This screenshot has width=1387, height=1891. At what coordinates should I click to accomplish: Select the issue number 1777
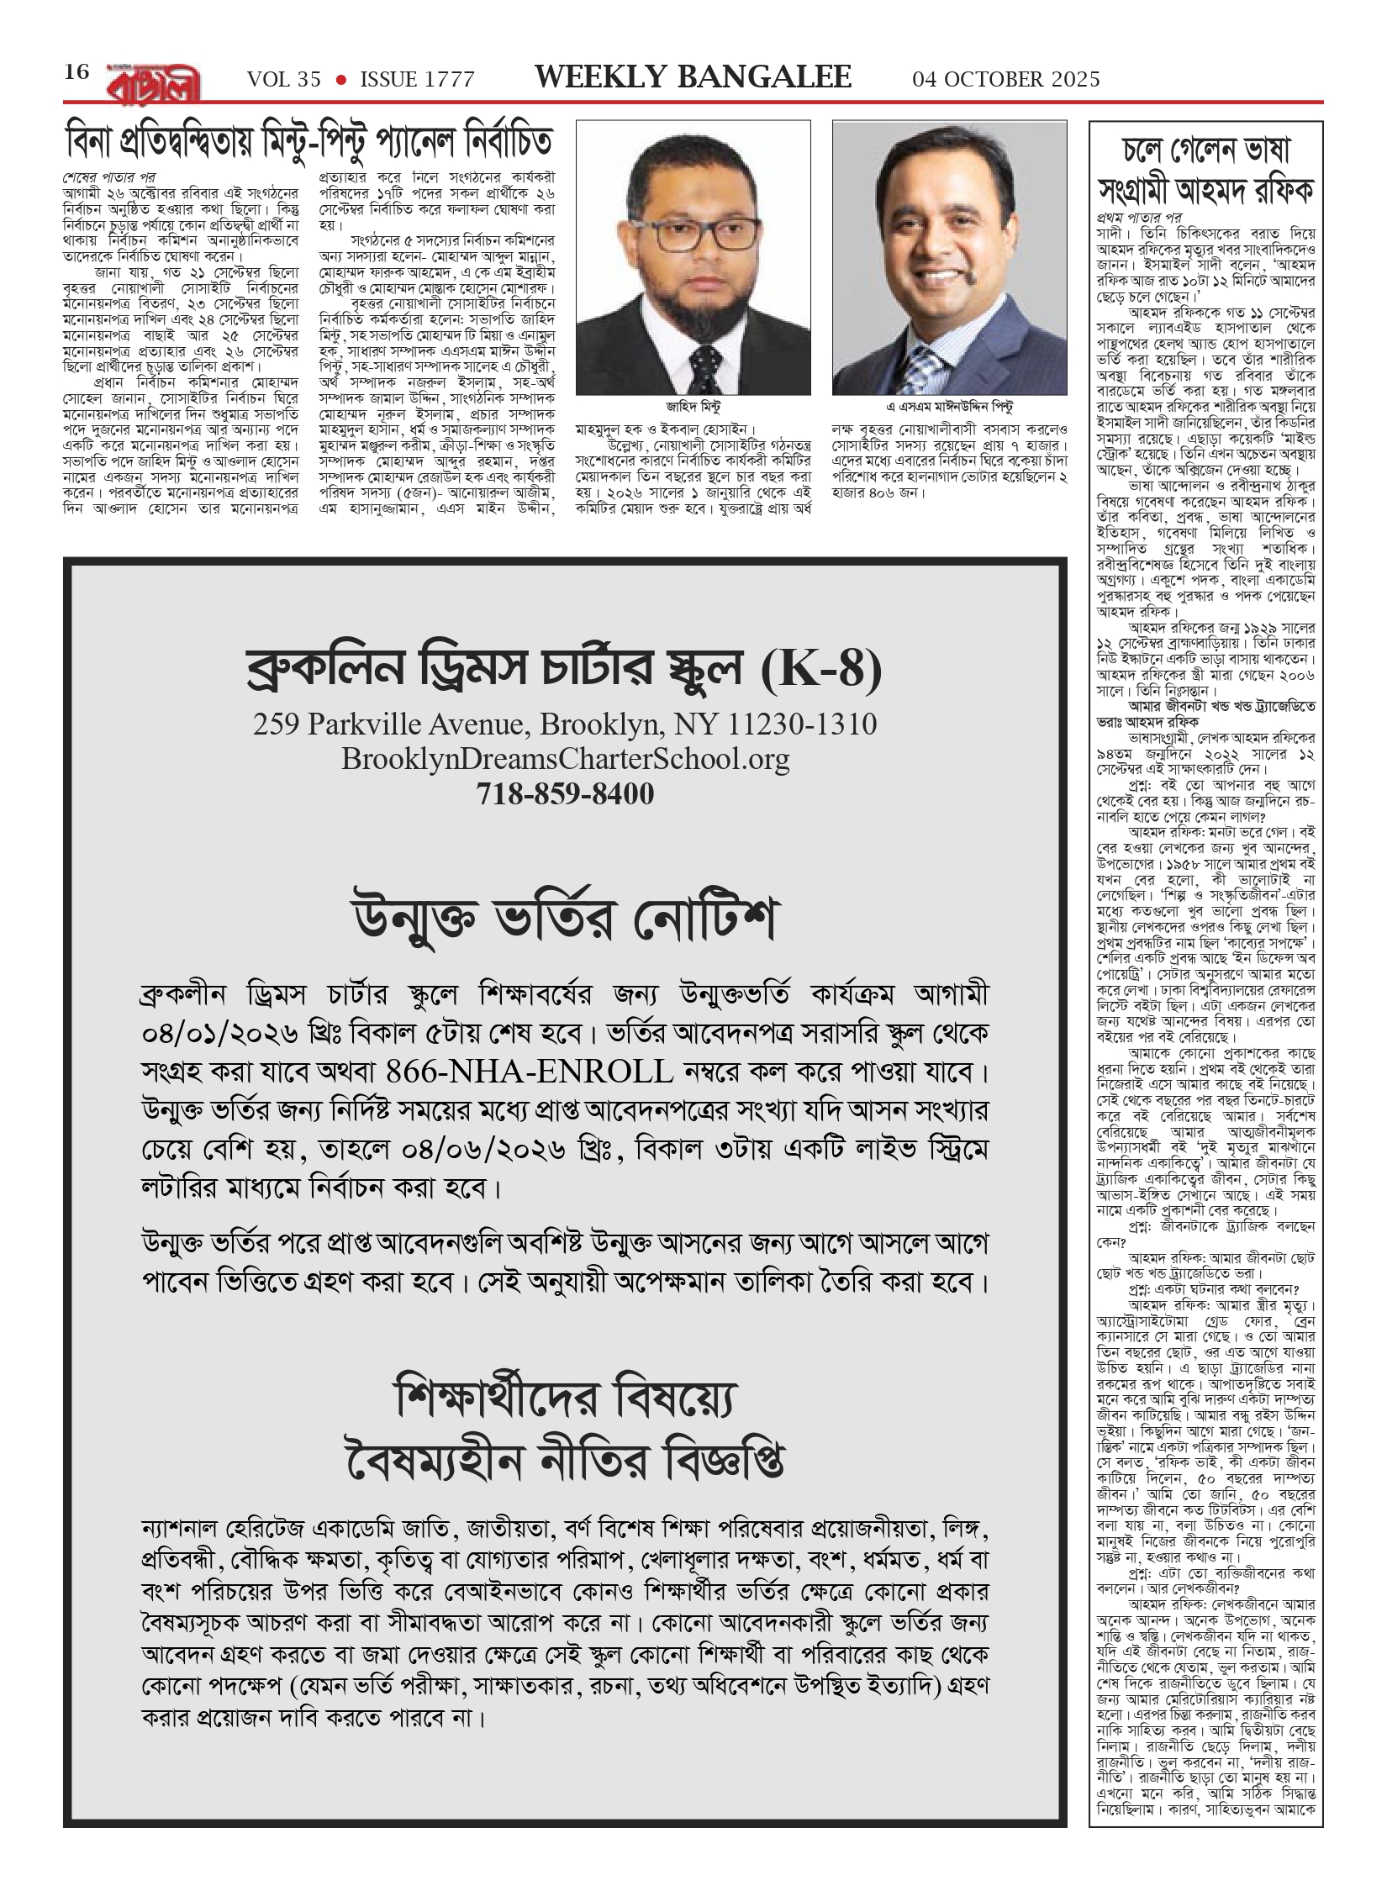(417, 80)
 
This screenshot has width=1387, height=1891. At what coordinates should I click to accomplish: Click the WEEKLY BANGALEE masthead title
(693, 77)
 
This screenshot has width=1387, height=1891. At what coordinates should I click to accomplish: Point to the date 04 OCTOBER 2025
(1006, 80)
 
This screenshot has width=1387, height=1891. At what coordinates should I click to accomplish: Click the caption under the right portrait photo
(950, 407)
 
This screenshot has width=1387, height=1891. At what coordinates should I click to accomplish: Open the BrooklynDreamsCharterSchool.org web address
(565, 759)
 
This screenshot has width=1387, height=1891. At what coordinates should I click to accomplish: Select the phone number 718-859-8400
(565, 794)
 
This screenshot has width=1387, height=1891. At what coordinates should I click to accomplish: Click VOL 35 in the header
(284, 80)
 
